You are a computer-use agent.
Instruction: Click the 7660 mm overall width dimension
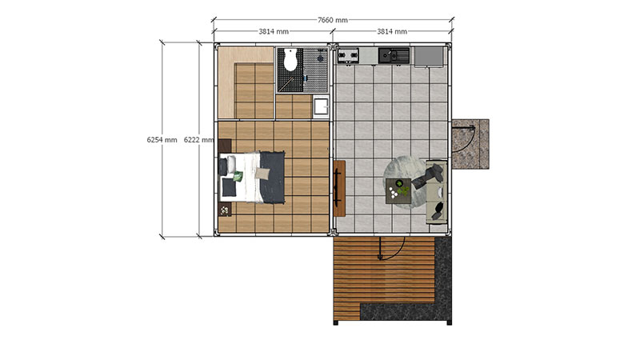point(333,19)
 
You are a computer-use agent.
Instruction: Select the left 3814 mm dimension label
point(274,31)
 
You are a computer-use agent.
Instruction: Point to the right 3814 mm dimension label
point(392,31)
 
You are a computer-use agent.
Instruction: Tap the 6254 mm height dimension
point(162,139)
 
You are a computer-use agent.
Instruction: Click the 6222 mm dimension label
point(198,139)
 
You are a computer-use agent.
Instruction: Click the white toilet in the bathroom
point(290,59)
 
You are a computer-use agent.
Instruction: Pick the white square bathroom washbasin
point(322,106)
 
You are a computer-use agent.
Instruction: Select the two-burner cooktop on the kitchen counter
point(348,55)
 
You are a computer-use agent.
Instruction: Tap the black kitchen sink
point(394,56)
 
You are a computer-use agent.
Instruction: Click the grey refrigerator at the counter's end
point(429,56)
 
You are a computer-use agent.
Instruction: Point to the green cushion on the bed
point(238,176)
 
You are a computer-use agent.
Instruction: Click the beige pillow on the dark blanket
point(262,174)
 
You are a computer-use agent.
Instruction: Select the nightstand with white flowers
point(225,209)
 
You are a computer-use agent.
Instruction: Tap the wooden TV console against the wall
point(339,188)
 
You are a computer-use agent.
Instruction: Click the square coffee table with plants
point(398,190)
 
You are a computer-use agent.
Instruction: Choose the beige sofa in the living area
point(436,192)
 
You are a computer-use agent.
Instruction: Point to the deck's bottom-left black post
point(336,323)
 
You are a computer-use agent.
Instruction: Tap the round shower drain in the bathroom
point(321,58)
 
